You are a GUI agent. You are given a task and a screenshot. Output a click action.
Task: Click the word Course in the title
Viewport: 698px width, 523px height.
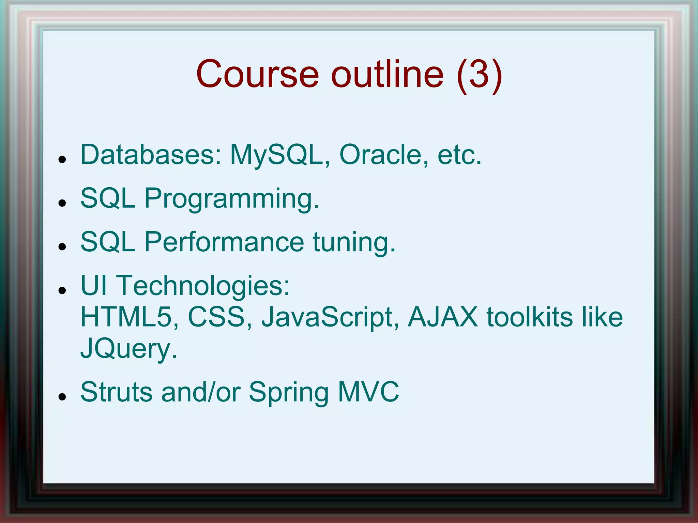coord(257,74)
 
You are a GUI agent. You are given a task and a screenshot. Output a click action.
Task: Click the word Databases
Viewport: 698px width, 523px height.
coord(151,155)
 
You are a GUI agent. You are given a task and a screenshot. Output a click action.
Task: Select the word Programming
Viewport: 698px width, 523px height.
coord(232,199)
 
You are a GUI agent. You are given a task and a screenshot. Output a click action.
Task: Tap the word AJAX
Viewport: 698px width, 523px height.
coord(443,317)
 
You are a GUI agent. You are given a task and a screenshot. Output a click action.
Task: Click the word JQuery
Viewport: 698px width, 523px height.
coord(128,349)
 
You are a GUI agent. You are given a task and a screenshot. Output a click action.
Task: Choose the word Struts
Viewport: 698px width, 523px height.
coord(116,392)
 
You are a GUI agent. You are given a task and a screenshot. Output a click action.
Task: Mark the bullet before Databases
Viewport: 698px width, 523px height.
coord(62,159)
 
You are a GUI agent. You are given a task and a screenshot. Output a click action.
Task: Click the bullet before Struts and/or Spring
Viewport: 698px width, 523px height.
coord(62,397)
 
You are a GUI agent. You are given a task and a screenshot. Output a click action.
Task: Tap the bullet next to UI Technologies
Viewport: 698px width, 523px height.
coord(62,290)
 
